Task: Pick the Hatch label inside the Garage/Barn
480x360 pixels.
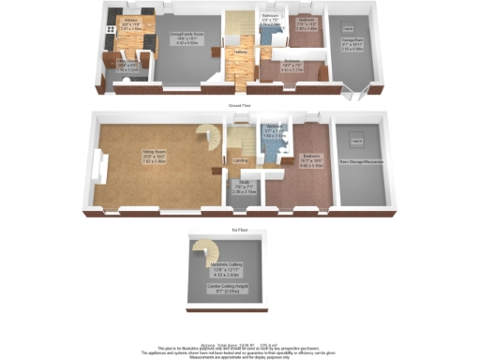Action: (349, 29)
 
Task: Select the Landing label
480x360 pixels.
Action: (241, 160)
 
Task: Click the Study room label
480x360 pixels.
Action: (242, 185)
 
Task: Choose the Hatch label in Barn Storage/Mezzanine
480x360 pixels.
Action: (356, 140)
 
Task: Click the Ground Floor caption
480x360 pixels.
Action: (240, 106)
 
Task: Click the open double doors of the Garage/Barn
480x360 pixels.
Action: (354, 91)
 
